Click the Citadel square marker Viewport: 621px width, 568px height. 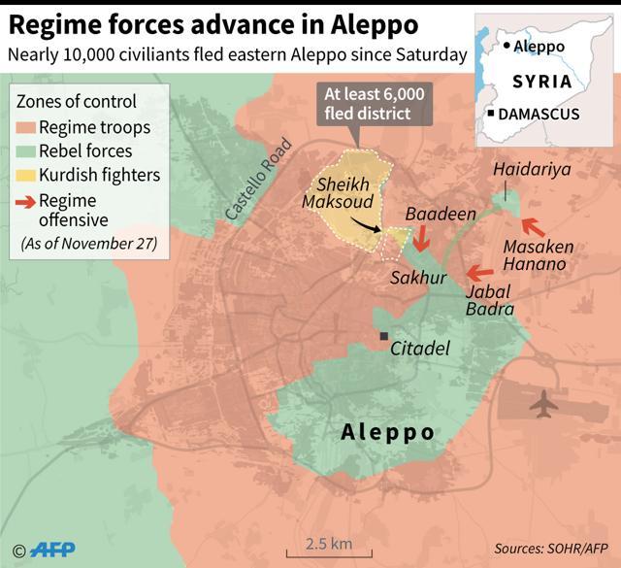[x=385, y=336]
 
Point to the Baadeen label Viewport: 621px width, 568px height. [x=428, y=214]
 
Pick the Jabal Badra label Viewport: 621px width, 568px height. [x=490, y=299]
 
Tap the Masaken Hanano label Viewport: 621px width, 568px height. [x=539, y=255]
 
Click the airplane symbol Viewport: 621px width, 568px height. [x=546, y=402]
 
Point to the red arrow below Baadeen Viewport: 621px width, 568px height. [x=421, y=238]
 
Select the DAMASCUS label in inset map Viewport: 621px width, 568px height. [x=539, y=115]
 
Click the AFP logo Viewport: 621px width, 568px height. [x=50, y=550]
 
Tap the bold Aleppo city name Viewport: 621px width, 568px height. [x=388, y=432]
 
